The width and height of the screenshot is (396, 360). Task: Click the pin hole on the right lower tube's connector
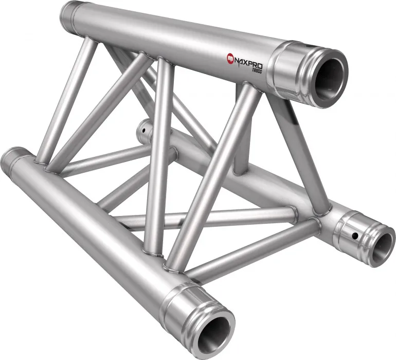coord(355,236)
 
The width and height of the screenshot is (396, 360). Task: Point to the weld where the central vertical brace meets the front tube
coord(152,252)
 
